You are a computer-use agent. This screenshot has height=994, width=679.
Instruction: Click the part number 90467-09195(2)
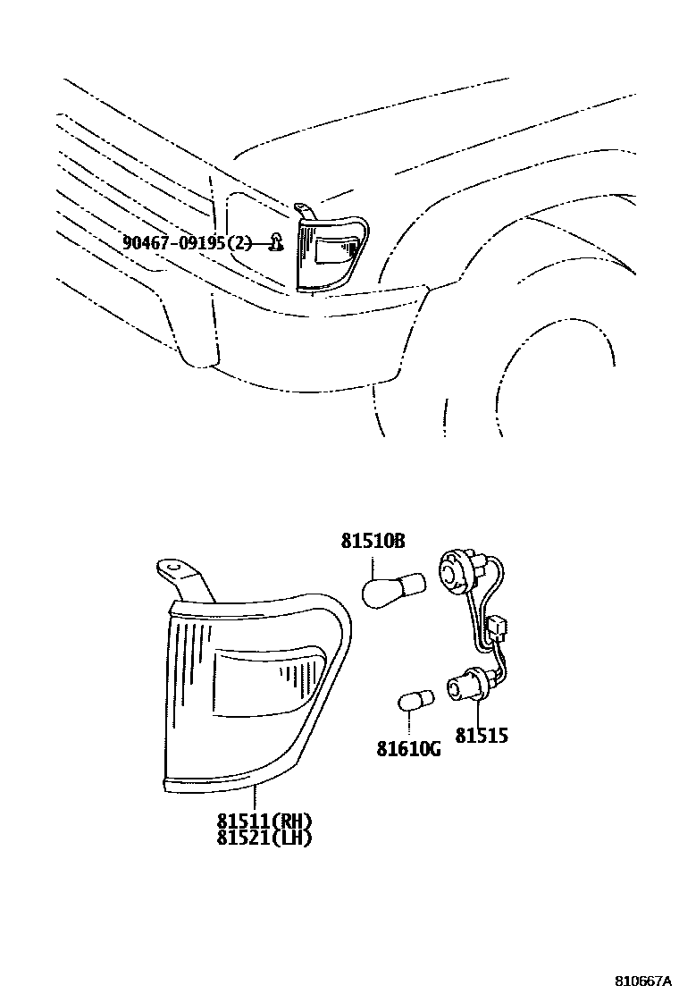[x=189, y=242]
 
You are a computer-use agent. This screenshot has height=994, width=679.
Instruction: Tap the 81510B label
[x=373, y=542]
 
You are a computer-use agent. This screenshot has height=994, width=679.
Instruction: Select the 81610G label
[x=408, y=748]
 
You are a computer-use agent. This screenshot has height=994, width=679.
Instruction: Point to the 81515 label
[x=482, y=736]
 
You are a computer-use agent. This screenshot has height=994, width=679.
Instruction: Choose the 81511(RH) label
[x=264, y=821]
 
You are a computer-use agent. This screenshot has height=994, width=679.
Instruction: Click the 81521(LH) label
[x=264, y=838]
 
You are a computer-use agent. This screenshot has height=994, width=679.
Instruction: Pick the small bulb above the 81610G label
[x=414, y=701]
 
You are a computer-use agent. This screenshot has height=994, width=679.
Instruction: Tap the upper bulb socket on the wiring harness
[x=455, y=572]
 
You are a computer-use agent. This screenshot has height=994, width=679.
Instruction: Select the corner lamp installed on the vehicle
[x=331, y=252]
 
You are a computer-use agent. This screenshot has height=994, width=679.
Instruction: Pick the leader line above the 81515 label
[x=481, y=714]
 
